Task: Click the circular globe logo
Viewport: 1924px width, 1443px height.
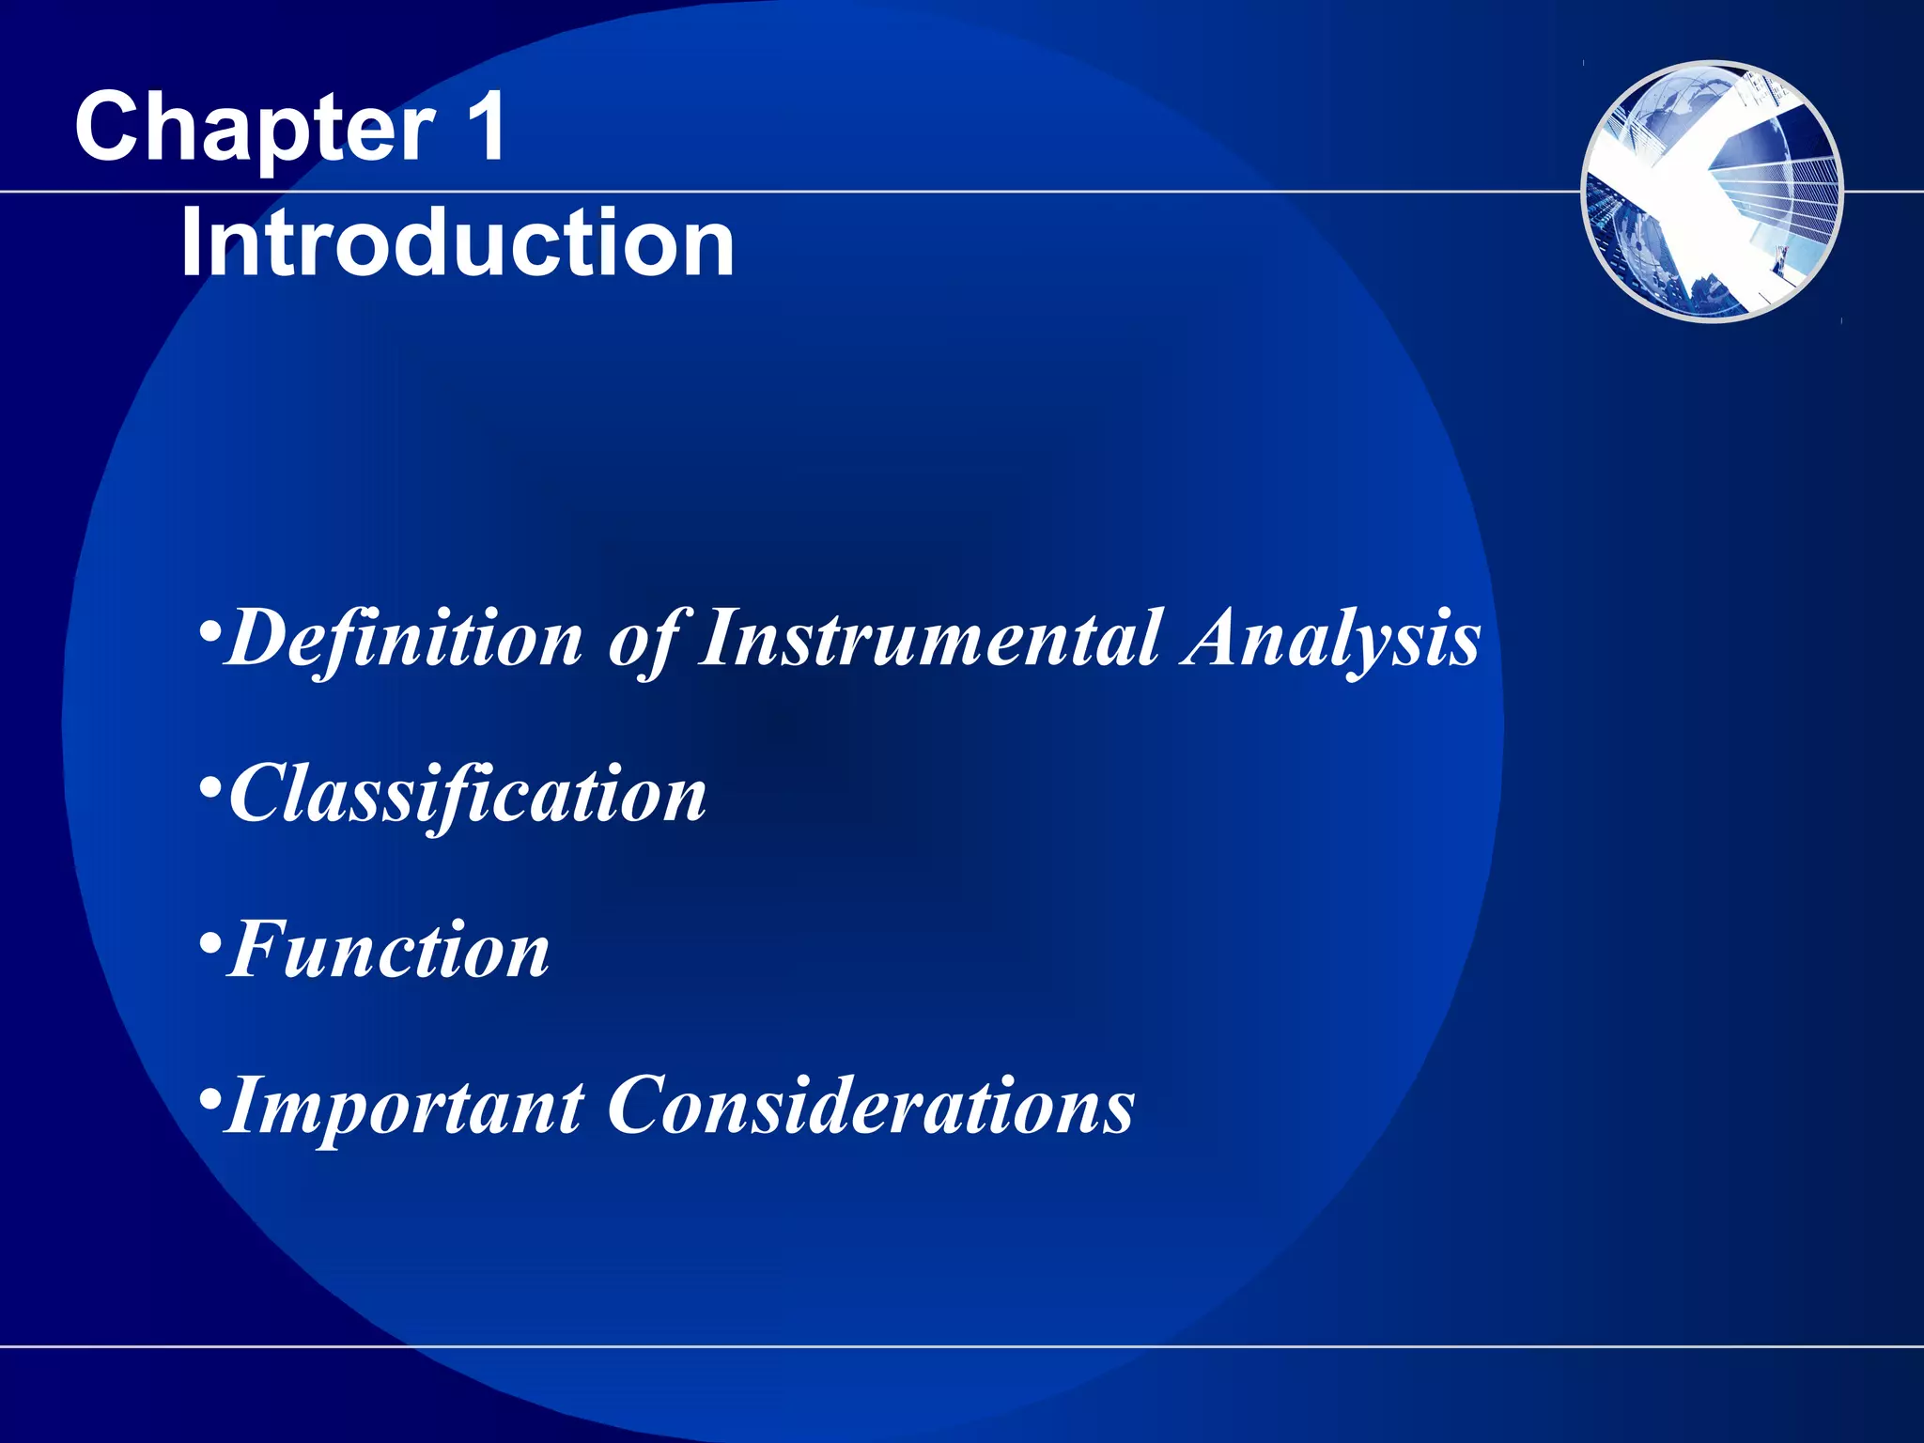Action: pyautogui.click(x=1712, y=192)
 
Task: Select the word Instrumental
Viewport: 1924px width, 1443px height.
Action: pyautogui.click(x=930, y=639)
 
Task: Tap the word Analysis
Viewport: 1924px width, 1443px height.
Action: pyautogui.click(x=1331, y=639)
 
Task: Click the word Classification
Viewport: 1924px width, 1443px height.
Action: pyautogui.click(x=468, y=795)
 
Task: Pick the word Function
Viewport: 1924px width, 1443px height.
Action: pyautogui.click(x=389, y=951)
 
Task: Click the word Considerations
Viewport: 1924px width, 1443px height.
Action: pyautogui.click(x=871, y=1107)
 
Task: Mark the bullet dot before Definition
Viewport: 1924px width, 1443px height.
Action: pyautogui.click(x=210, y=628)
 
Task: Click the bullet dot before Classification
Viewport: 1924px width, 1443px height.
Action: pyautogui.click(x=210, y=784)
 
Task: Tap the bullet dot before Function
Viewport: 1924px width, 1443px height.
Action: pyautogui.click(x=210, y=940)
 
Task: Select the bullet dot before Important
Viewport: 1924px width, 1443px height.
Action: pyautogui.click(x=210, y=1096)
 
